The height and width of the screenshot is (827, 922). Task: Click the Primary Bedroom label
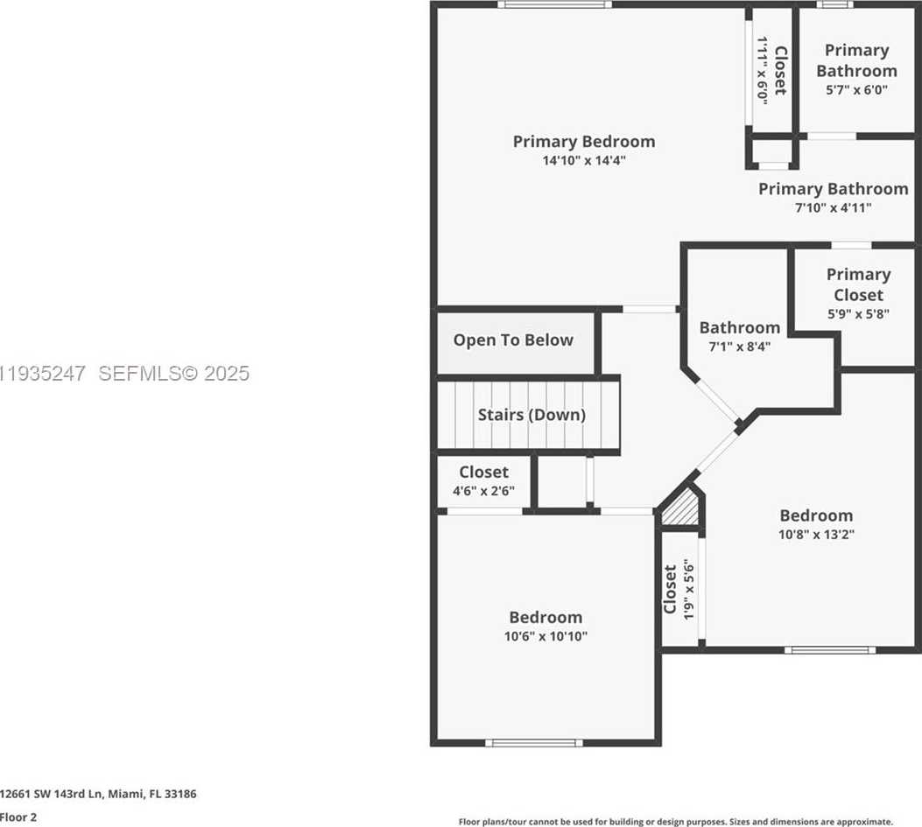coord(583,141)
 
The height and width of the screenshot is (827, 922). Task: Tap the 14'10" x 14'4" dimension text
coord(583,161)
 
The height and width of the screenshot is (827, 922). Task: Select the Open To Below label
coord(513,340)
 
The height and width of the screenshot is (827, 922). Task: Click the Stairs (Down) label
coord(531,415)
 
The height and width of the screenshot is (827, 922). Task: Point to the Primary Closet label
coord(858,284)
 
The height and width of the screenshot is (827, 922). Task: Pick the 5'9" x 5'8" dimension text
coord(858,313)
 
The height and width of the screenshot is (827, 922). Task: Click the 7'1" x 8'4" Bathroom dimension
coord(739,346)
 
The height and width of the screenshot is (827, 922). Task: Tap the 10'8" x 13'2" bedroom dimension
coord(816,534)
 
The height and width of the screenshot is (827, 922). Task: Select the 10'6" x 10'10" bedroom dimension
coord(545,636)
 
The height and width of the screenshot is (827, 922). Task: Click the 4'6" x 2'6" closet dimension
coord(483,491)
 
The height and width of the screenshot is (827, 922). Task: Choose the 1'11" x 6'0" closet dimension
coord(762,71)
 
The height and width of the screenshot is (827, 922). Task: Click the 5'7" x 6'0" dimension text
coord(856,89)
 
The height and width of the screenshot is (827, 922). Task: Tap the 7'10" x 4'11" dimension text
coord(833,208)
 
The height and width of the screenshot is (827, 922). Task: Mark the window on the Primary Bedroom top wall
coord(554,4)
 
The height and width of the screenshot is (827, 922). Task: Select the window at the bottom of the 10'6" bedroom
coord(534,743)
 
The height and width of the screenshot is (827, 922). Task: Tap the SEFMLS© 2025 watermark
coord(173,374)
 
